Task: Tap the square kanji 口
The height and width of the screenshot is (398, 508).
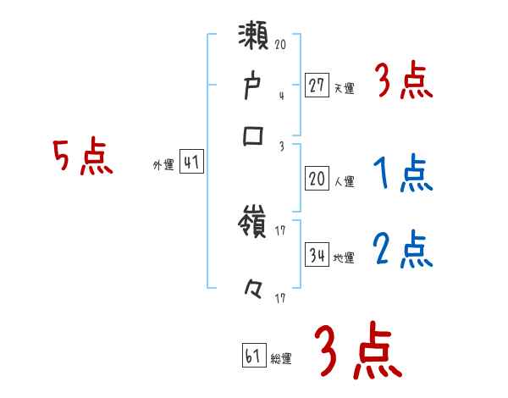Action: pos(254,138)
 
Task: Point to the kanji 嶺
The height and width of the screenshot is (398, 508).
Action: pos(255,225)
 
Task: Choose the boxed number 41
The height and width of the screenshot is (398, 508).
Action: pos(191,163)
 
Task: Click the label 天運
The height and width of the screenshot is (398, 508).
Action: pos(344,88)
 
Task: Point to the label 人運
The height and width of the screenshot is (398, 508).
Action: pos(344,181)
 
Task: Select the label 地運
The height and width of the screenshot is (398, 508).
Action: pos(344,257)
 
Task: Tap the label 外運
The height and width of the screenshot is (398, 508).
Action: pos(163,165)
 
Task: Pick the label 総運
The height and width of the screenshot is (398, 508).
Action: pos(281,358)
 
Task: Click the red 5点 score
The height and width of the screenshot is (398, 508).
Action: pos(82,158)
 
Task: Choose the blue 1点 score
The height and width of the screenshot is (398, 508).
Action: pos(402,174)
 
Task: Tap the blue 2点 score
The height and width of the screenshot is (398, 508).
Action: pos(402,251)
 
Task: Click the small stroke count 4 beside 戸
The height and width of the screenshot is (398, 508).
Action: pos(281,95)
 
